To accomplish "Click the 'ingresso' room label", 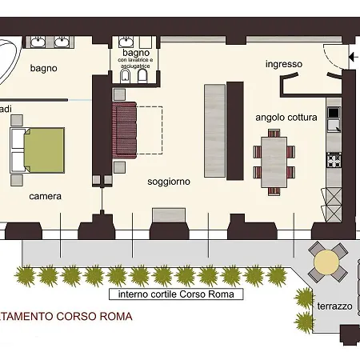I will [284, 64].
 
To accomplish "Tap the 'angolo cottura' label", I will [286, 117].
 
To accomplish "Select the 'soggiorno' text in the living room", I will [169, 182].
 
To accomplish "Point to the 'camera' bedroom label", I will [46, 195].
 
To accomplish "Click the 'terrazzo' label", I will [334, 306].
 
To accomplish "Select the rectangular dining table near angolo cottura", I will [274, 161].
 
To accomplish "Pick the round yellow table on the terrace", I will [326, 262].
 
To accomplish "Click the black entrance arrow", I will [353, 57].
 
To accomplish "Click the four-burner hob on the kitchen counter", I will [334, 160].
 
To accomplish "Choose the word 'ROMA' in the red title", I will [112, 317].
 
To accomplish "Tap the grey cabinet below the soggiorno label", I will [170, 214].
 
